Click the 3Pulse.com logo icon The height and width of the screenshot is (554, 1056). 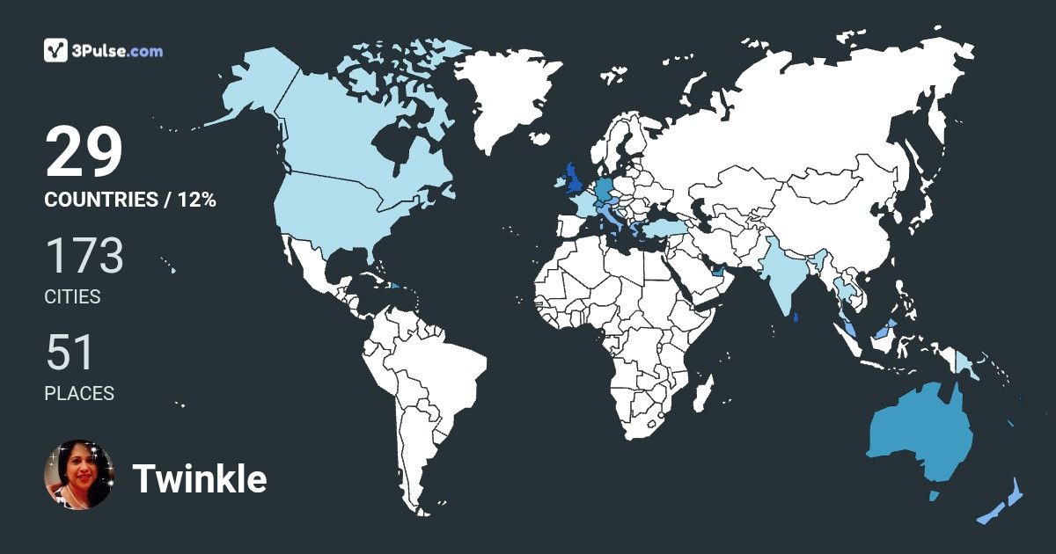click(56, 51)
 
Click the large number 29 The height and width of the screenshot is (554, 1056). click(84, 152)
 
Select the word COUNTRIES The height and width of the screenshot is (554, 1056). click(100, 200)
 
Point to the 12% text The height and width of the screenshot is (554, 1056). click(196, 200)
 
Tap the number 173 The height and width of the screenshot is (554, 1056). click(84, 256)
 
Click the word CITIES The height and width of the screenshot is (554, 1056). click(72, 297)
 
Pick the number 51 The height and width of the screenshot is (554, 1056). click(70, 353)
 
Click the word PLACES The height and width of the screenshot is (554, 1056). click(79, 394)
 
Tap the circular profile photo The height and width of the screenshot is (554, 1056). click(79, 475)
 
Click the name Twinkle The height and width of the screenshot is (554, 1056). click(200, 479)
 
